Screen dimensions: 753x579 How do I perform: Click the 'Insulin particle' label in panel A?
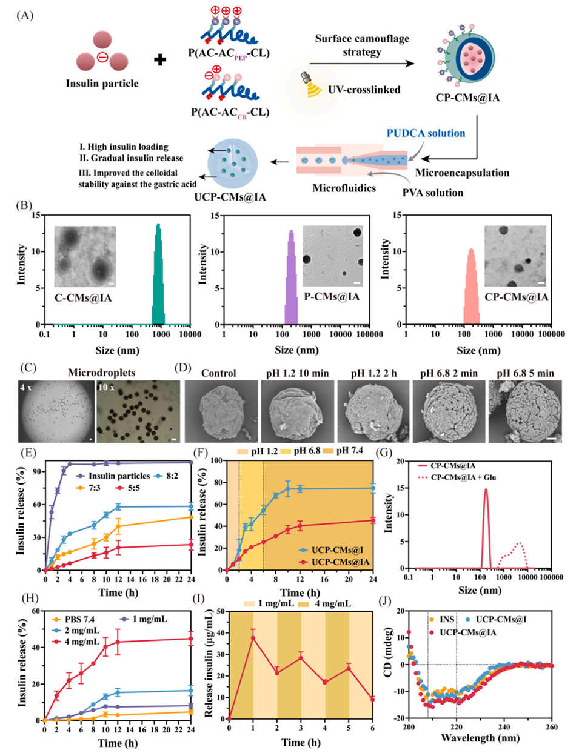coord(102,84)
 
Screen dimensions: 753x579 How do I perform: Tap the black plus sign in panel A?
coord(160,59)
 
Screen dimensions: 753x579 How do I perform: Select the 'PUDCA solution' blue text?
coord(426,133)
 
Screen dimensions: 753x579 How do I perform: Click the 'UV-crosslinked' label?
coord(364,90)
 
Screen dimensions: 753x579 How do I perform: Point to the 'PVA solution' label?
coord(432,193)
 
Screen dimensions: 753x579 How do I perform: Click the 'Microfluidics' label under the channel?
coord(344,188)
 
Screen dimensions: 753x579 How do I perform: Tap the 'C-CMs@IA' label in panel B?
coord(83,297)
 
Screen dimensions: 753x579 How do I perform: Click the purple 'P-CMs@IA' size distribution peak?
coord(291,279)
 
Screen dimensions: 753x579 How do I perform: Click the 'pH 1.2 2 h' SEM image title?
coord(374,373)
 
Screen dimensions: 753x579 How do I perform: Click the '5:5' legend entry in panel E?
coord(126,488)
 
